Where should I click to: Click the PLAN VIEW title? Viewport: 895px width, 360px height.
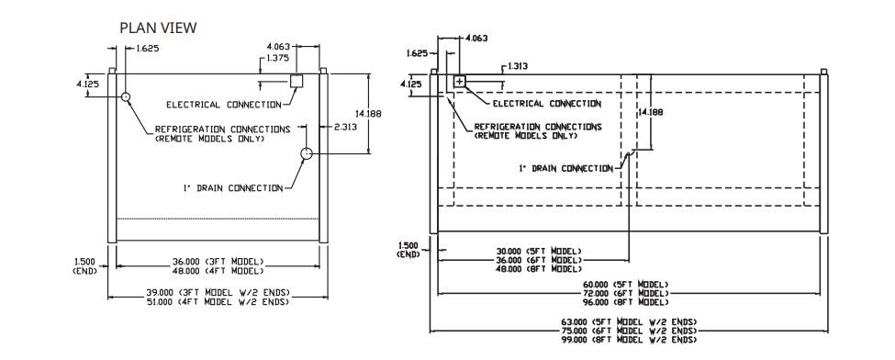pos(158,28)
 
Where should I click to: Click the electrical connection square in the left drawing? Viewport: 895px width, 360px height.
pos(296,81)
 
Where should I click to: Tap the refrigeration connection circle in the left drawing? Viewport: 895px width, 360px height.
pos(126,96)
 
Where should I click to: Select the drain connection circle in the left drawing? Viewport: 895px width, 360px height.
pos(308,153)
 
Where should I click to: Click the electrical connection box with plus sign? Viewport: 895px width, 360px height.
pos(460,81)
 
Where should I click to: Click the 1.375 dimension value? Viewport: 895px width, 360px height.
pos(278,58)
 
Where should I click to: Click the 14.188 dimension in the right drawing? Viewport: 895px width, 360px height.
pos(651,113)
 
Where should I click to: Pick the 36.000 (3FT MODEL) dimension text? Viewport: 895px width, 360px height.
pos(218,262)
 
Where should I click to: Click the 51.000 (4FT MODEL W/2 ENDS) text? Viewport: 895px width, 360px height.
pos(218,301)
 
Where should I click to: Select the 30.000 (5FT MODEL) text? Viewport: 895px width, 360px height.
pos(539,251)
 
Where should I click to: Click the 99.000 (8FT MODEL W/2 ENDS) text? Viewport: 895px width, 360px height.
pos(629,340)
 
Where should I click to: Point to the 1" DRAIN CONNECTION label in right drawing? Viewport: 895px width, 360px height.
pos(565,169)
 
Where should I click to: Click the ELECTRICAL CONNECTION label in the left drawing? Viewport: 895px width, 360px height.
pos(224,105)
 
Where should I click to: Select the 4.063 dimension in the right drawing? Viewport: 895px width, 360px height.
pos(476,39)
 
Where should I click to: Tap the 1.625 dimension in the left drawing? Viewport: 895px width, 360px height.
pos(147,49)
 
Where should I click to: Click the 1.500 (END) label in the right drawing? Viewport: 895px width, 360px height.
pos(408,249)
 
